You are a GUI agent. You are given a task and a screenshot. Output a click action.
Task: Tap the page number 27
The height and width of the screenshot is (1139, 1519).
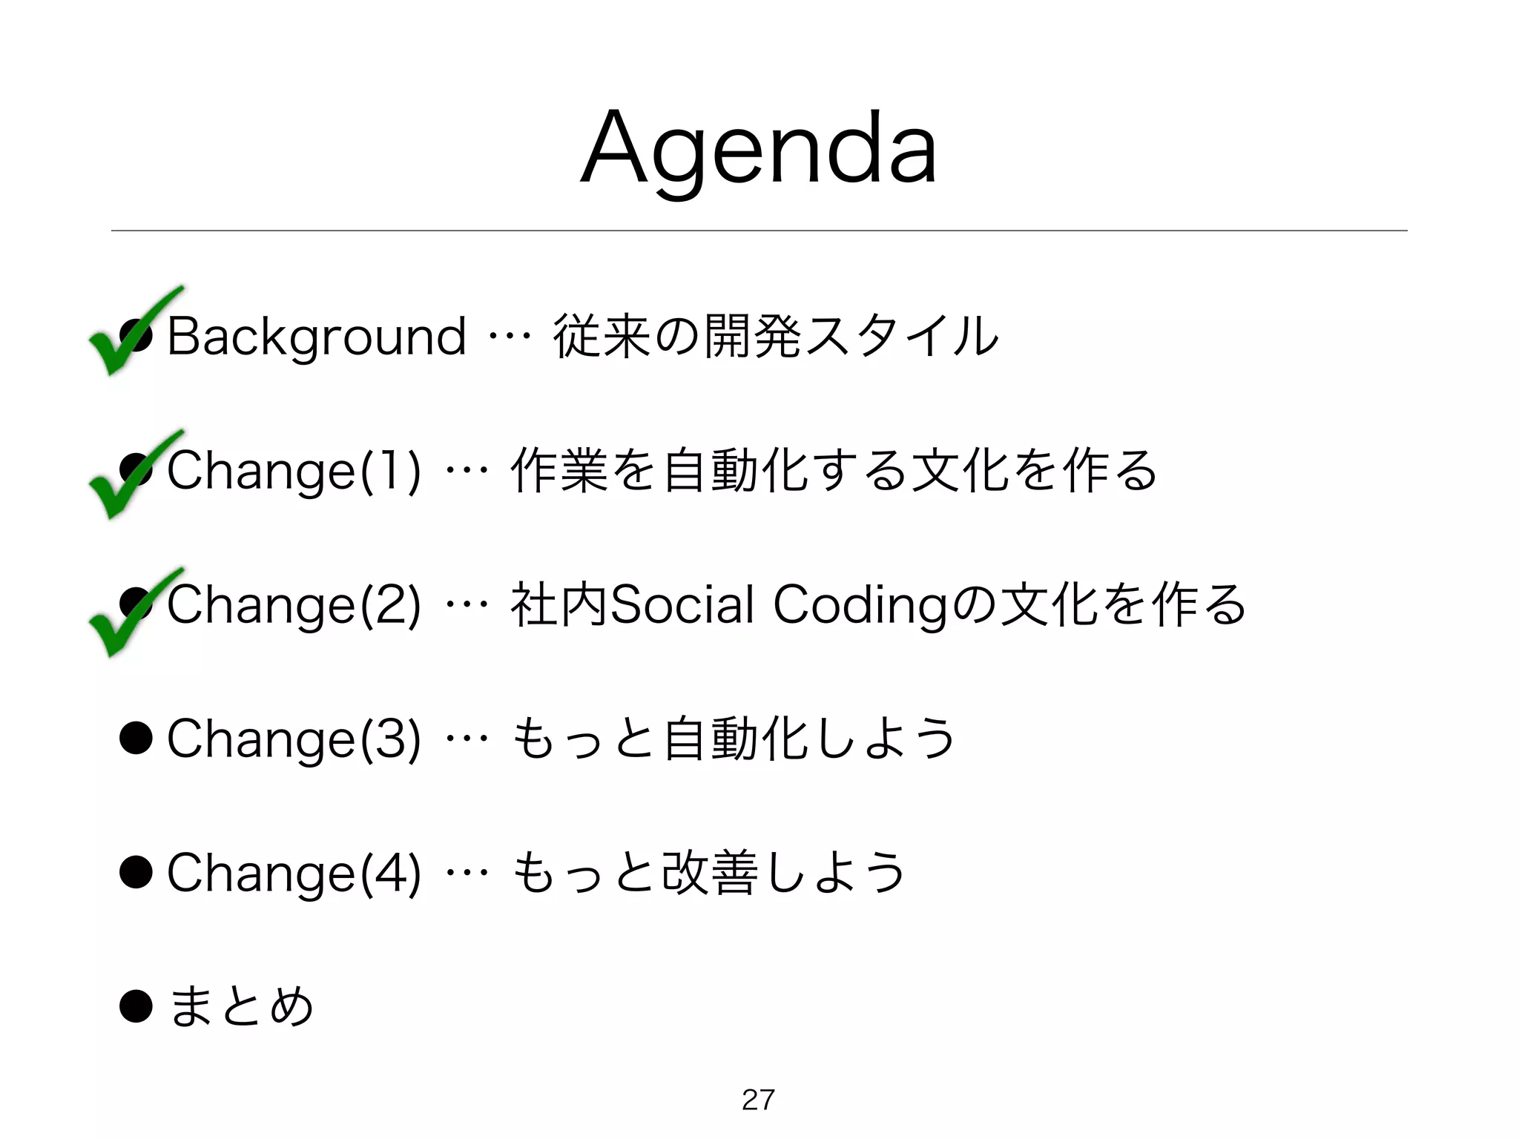tap(758, 1100)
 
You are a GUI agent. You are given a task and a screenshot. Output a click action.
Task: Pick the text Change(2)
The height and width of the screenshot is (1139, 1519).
tap(294, 605)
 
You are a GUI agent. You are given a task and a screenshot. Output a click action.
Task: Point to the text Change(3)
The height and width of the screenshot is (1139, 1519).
tap(294, 739)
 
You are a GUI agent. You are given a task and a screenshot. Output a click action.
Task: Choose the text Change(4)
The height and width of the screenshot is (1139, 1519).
tap(294, 873)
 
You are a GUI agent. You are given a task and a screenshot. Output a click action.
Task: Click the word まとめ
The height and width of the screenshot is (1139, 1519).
tap(241, 1007)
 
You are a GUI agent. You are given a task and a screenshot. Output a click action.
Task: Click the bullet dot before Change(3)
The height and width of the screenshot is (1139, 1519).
tap(136, 738)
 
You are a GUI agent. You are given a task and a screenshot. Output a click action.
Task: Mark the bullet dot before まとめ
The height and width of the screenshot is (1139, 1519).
tap(136, 1006)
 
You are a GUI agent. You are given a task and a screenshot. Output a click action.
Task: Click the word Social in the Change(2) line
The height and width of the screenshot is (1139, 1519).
tap(682, 604)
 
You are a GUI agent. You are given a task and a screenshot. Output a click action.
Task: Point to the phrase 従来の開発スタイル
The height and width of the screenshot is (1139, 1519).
tap(776, 337)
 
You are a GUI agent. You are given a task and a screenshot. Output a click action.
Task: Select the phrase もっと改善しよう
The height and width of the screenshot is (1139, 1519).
tap(709, 873)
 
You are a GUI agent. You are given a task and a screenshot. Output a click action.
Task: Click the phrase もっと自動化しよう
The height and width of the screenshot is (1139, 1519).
tap(734, 739)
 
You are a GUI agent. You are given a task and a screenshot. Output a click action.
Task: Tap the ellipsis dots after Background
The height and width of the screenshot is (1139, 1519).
tap(510, 337)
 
